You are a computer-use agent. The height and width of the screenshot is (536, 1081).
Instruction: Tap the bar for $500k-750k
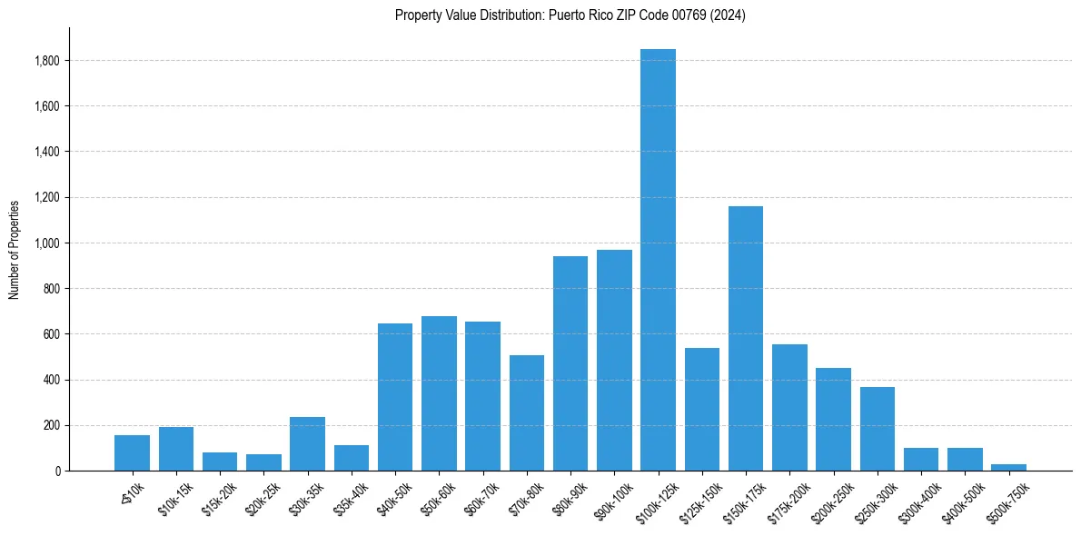pos(1008,467)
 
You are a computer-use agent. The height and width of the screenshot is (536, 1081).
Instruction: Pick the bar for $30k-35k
pos(307,443)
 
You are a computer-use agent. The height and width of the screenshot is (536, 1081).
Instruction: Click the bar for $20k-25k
pos(263,462)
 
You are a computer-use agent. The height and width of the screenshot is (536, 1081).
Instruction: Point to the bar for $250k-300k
pos(878,429)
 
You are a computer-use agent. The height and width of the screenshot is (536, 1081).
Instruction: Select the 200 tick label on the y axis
pos(52,425)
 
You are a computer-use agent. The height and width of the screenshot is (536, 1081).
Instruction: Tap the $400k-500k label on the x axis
pos(964,496)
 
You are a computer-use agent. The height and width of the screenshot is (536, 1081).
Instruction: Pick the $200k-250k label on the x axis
pos(832,496)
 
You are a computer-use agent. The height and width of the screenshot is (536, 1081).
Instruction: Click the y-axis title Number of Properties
pos(15,249)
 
